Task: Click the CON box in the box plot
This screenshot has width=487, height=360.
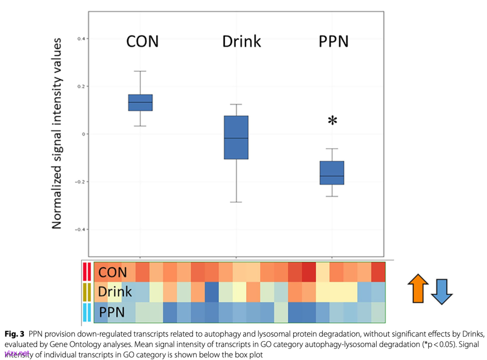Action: [x=140, y=102]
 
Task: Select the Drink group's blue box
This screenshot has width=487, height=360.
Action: [x=236, y=137]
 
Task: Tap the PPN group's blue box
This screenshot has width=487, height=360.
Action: [x=332, y=173]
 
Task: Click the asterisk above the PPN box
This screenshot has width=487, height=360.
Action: [x=332, y=121]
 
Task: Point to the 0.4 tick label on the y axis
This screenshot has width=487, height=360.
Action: [x=81, y=39]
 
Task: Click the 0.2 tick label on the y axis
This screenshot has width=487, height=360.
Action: [x=81, y=86]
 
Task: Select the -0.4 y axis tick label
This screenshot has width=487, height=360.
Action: [x=80, y=229]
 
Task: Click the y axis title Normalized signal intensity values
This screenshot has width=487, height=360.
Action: [x=57, y=134]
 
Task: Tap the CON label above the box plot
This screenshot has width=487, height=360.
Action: [x=142, y=42]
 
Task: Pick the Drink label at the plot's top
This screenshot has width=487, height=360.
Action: [x=242, y=42]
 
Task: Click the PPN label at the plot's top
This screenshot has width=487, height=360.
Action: [x=334, y=42]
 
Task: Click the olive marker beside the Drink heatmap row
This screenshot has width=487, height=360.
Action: [x=87, y=292]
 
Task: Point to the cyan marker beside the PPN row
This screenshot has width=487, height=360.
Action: [x=87, y=313]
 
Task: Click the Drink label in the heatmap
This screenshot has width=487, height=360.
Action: [x=115, y=292]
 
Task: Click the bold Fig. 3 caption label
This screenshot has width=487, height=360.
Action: [x=14, y=334]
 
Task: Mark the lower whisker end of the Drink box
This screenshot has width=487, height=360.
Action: [x=236, y=202]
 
